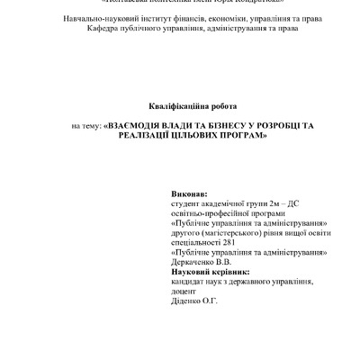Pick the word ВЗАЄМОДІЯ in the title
tap(139, 126)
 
